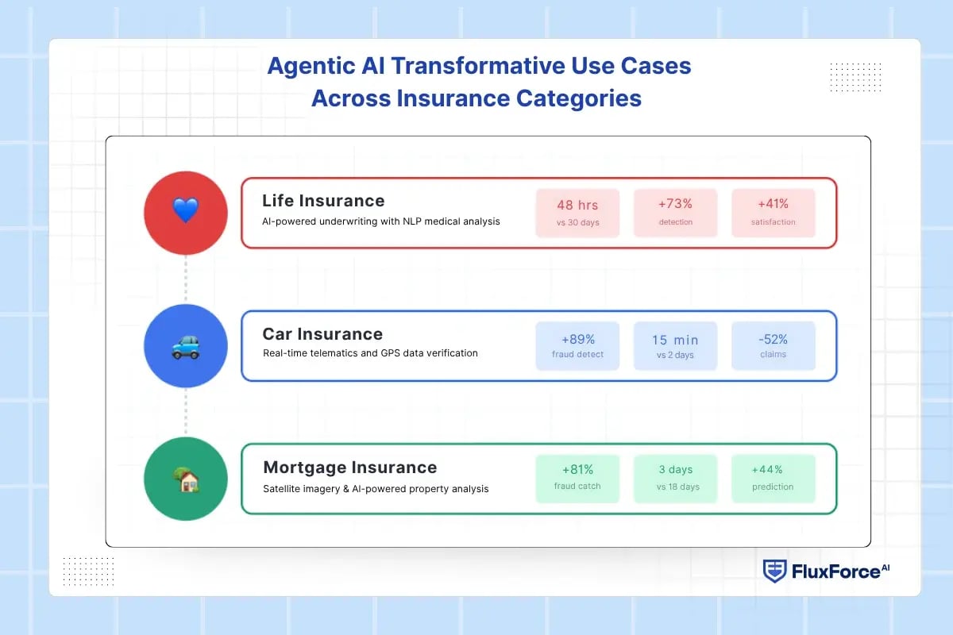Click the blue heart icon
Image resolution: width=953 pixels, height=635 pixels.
point(186,210)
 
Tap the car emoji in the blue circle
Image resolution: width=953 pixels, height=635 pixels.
point(186,347)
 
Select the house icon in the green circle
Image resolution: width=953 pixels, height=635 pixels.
point(187,479)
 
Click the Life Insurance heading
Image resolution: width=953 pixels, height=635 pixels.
point(323,201)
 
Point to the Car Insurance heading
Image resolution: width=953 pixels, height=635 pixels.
point(322,334)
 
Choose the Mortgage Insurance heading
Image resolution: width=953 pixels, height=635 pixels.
point(350,468)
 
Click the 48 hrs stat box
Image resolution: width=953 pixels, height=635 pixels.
point(577,213)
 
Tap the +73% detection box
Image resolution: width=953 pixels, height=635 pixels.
point(676,213)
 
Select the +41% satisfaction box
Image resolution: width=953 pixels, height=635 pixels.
point(773,213)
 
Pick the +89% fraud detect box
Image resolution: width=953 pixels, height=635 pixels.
point(577,346)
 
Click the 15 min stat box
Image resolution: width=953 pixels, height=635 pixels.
point(676,346)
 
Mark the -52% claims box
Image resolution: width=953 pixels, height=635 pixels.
point(773,346)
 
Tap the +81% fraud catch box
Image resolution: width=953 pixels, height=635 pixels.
point(577,479)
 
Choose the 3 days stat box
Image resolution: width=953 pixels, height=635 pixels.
point(676,479)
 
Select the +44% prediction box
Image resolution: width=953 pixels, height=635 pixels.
point(773,479)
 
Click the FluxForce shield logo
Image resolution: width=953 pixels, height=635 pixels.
point(774,571)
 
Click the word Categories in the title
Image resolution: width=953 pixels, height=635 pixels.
point(579,98)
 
